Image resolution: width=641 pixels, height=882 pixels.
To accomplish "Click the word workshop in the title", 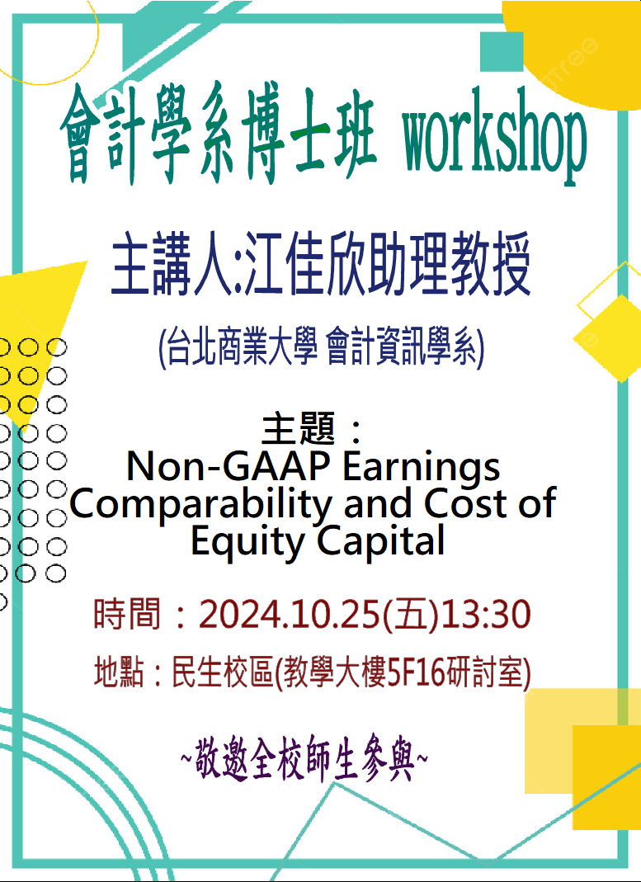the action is click(494, 138).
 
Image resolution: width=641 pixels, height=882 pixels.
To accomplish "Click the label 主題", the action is click(298, 428).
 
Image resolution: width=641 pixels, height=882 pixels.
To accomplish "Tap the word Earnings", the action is click(422, 468).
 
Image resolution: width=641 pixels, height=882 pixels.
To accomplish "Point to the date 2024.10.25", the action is click(290, 614).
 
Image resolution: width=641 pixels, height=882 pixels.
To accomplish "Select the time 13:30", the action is click(487, 614).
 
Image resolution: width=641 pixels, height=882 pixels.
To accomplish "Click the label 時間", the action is click(127, 614).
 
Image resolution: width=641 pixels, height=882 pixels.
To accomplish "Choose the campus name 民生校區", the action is click(222, 672).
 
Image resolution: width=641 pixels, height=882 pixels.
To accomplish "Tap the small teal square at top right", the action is click(502, 52).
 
